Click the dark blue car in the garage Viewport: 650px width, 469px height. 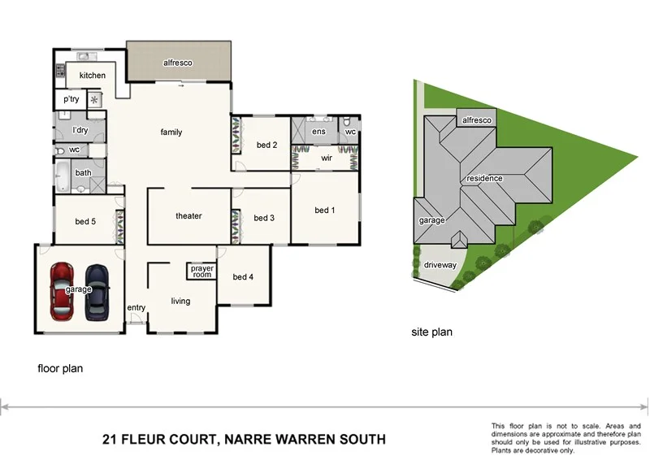[97, 292]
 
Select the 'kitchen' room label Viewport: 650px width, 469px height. [92, 76]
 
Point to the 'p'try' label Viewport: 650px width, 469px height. [71, 99]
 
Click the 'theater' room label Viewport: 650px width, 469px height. [188, 215]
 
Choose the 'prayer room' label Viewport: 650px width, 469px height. [201, 271]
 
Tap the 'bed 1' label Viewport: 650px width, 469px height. [325, 211]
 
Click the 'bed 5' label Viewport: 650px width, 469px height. [85, 221]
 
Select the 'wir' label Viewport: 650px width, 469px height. [327, 158]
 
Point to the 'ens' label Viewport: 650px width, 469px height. [319, 131]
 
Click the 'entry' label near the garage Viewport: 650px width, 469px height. [136, 307]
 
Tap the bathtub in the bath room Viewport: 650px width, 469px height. [64, 172]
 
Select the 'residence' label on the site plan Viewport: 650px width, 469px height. [484, 178]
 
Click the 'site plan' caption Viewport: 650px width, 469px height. [431, 332]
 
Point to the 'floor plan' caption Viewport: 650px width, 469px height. [60, 368]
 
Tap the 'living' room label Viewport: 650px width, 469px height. [180, 301]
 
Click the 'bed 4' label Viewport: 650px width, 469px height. [243, 277]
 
